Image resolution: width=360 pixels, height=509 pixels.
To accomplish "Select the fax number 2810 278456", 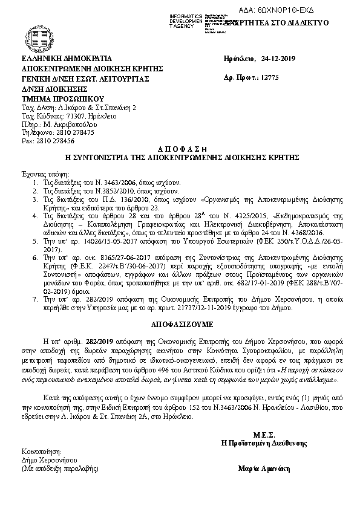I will [x=54, y=140].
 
